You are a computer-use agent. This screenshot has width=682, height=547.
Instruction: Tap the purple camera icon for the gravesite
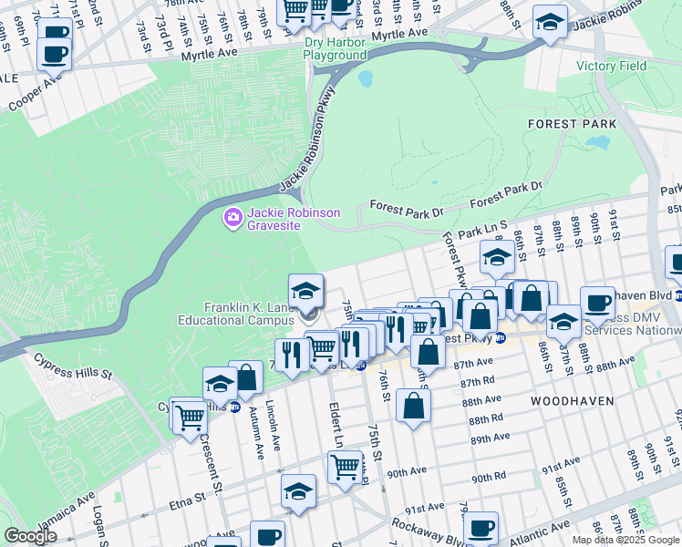click(x=232, y=218)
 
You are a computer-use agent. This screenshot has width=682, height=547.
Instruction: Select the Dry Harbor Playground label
click(x=335, y=49)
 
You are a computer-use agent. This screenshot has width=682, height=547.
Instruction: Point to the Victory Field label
click(x=611, y=67)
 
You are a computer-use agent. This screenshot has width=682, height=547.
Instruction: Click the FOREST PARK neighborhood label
click(x=572, y=123)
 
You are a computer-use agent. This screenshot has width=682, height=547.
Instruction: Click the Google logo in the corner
click(x=30, y=536)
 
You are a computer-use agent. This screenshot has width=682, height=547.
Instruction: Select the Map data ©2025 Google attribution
click(x=625, y=540)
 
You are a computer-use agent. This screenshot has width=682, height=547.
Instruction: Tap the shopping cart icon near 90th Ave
click(x=346, y=466)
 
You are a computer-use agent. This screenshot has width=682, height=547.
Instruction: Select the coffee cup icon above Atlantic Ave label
click(x=480, y=526)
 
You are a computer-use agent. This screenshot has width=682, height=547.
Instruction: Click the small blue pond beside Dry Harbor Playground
click(x=366, y=78)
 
